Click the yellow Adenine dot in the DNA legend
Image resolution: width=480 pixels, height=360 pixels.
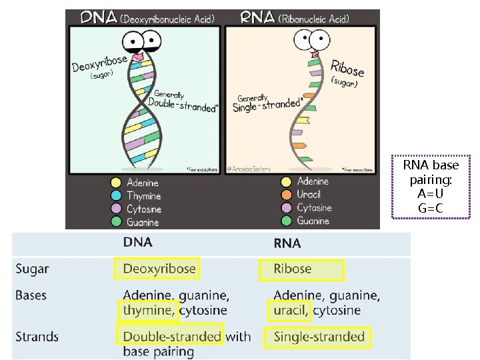(x=115, y=183)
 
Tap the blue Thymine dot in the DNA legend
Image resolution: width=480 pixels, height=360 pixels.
(x=115, y=196)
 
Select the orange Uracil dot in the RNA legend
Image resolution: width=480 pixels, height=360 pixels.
(x=287, y=194)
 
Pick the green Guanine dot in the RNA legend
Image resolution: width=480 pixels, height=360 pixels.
(x=287, y=221)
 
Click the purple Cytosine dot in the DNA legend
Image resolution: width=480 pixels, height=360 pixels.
(x=115, y=209)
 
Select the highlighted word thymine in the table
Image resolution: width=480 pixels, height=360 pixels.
(x=147, y=310)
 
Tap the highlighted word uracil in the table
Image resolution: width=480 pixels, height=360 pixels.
(x=290, y=310)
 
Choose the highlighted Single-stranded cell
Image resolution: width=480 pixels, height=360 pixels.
(x=319, y=337)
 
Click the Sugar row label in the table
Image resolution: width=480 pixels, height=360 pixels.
(x=32, y=269)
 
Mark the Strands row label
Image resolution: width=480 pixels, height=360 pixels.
(x=37, y=337)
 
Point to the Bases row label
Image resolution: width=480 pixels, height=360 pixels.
(x=31, y=295)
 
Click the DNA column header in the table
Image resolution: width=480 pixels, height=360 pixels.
(x=137, y=243)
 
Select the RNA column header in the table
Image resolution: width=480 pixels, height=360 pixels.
(x=287, y=243)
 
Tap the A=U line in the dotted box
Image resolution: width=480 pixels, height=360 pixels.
(x=431, y=194)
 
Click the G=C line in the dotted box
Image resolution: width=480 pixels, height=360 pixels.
(x=431, y=208)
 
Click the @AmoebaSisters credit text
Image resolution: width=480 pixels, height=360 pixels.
(x=249, y=169)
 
